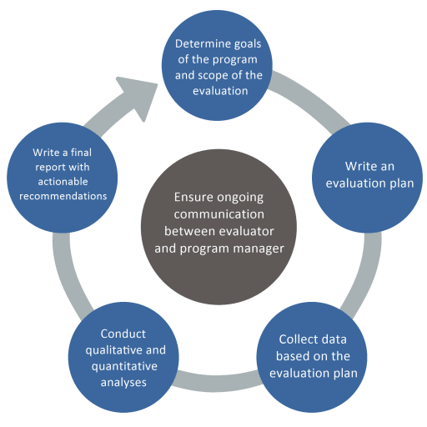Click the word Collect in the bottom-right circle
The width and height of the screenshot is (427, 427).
point(296,339)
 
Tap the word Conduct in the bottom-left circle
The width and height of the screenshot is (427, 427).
point(123,334)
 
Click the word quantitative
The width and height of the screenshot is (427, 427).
point(124,366)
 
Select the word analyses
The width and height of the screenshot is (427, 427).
point(123,383)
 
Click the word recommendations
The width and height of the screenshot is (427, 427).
point(63,196)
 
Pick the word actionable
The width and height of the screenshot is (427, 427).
point(63,182)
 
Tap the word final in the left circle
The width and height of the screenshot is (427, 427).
point(81,153)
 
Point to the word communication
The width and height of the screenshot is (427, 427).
point(219,214)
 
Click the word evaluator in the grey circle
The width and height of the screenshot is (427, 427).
point(247,231)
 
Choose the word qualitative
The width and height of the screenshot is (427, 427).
point(113,350)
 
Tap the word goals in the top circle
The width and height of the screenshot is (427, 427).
point(248,44)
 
